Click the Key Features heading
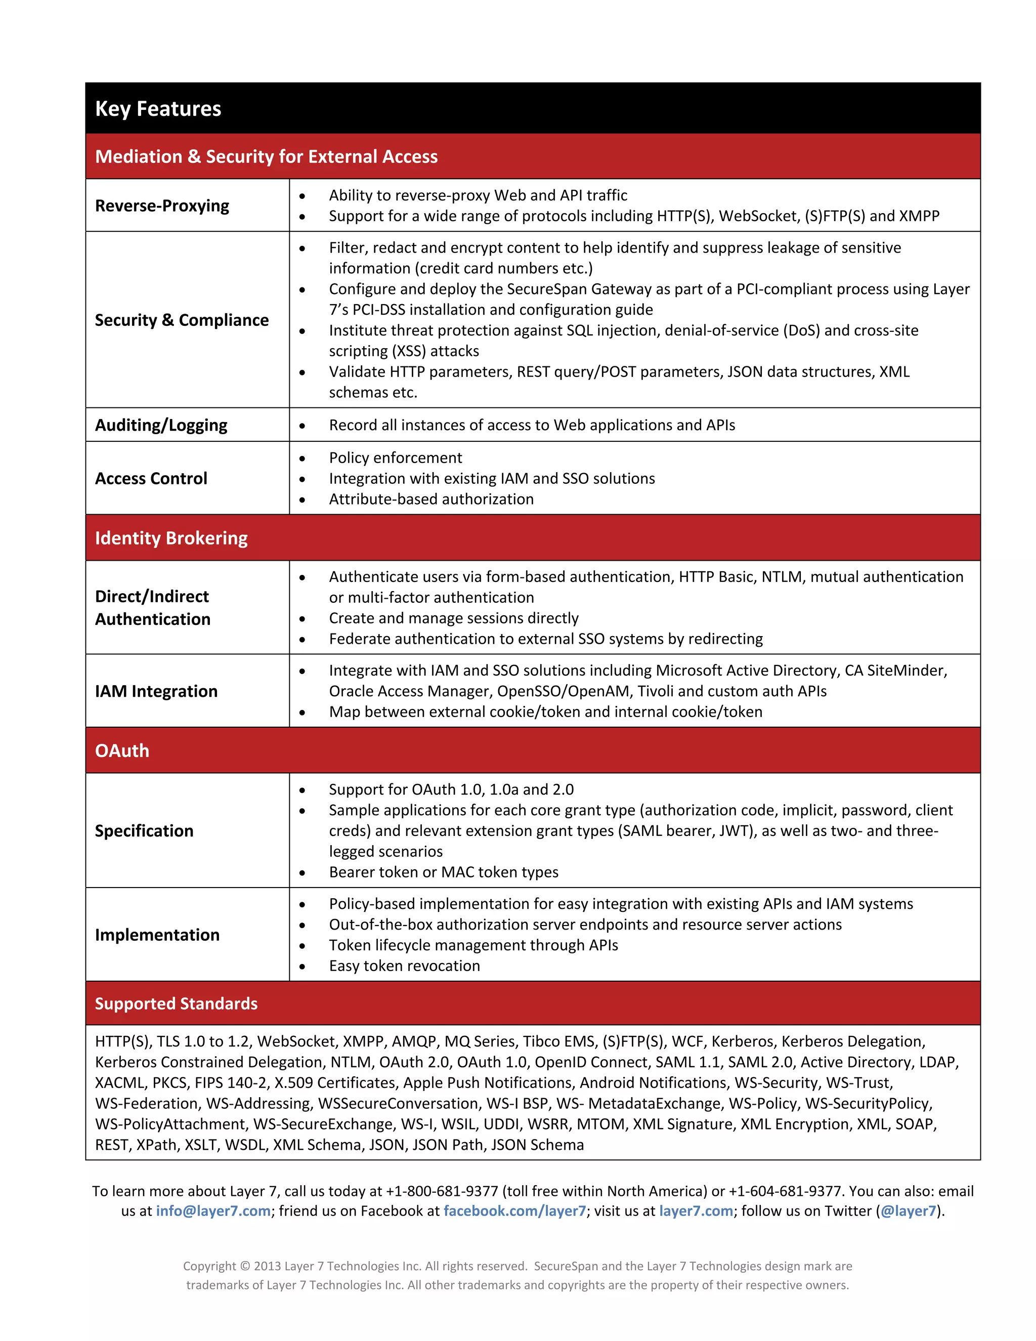click(x=158, y=109)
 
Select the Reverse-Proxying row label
click(x=162, y=205)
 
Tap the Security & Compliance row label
click(x=182, y=320)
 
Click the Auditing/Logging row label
click(x=161, y=425)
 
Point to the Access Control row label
click(x=151, y=478)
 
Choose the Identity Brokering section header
click(x=171, y=538)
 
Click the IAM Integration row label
click(x=156, y=691)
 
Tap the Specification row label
click(x=144, y=831)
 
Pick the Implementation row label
click(x=157, y=935)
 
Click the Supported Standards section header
click(x=176, y=1003)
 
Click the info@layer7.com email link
click(x=213, y=1211)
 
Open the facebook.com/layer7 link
click(x=514, y=1211)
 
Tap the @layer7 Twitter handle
click(x=909, y=1211)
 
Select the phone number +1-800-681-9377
click(x=442, y=1191)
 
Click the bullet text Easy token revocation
click(x=405, y=966)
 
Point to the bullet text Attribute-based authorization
click(x=431, y=499)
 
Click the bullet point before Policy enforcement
click(x=302, y=458)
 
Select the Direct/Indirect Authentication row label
click(x=153, y=607)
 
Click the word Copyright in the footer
click(x=209, y=1266)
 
